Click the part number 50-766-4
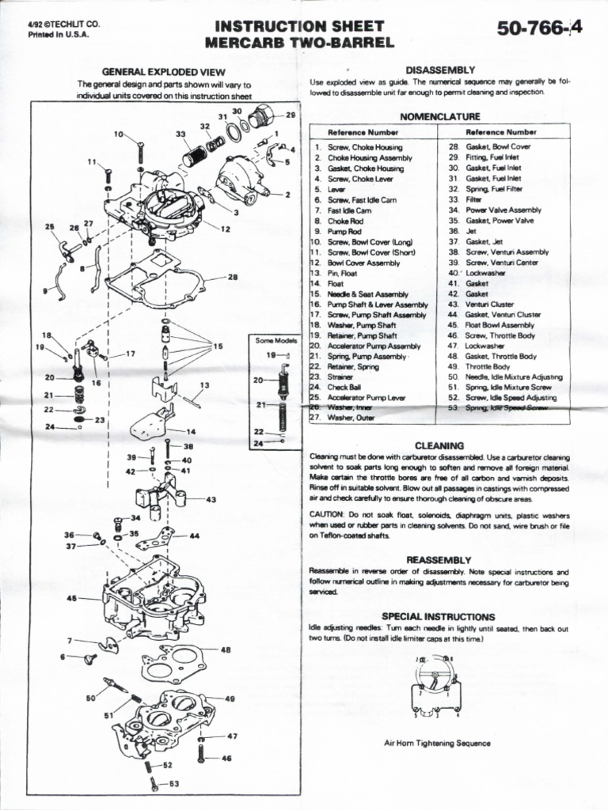click(539, 28)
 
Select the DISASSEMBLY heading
click(439, 70)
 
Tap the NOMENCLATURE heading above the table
click(439, 116)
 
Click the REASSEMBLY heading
click(439, 559)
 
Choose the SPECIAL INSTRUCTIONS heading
click(439, 615)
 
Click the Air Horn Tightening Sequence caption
click(437, 743)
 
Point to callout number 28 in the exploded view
click(233, 278)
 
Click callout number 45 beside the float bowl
click(72, 598)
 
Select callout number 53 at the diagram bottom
click(175, 783)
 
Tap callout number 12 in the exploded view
click(226, 229)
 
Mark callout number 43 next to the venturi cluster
click(211, 500)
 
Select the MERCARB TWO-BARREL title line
click(299, 42)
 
